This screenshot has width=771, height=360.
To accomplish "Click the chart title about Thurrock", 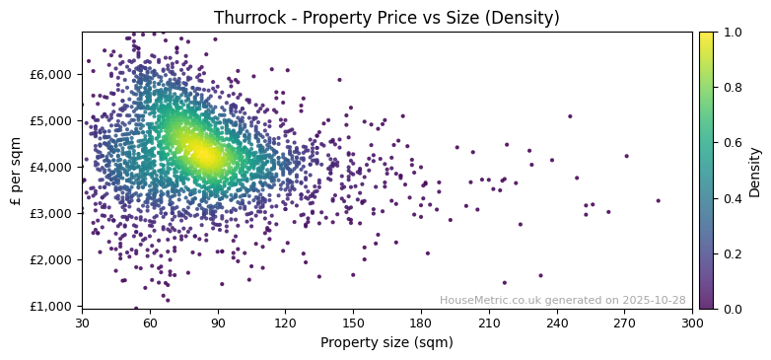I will click(386, 18).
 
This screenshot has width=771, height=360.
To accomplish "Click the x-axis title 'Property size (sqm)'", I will click(386, 342).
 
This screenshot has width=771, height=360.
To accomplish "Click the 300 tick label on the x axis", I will click(692, 323).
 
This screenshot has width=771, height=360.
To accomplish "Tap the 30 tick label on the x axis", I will click(82, 323).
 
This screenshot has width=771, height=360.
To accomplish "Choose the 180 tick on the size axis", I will click(421, 323).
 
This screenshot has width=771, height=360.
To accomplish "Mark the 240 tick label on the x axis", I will click(557, 323).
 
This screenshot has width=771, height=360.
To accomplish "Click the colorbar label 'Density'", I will click(755, 172).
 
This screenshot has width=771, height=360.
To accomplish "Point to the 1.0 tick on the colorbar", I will click(731, 33).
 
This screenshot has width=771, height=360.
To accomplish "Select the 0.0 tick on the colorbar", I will click(731, 309).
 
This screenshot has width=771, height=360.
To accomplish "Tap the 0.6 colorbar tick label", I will click(731, 143).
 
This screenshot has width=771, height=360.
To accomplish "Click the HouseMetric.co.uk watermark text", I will click(562, 300).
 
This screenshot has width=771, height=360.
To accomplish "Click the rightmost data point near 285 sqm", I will click(659, 200).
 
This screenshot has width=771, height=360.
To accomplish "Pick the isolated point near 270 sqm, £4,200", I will click(626, 156).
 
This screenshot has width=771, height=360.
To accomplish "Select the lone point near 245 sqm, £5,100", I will click(570, 116).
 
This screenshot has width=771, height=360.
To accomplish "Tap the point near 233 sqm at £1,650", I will click(540, 275).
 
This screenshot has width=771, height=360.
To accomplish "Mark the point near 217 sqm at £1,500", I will click(505, 282).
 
